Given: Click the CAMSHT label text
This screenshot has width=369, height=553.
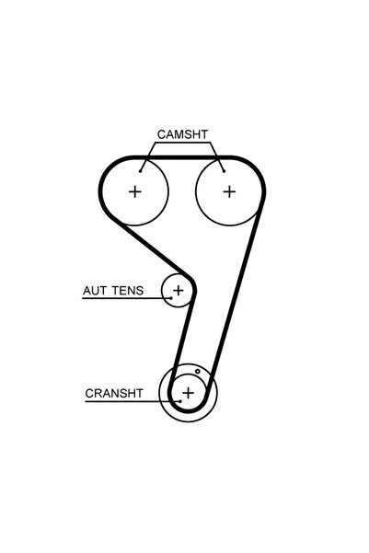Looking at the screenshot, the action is (182, 134).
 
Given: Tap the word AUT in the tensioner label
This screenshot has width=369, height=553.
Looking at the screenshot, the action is (94, 291).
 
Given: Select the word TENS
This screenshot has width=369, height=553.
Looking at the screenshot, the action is (128, 291).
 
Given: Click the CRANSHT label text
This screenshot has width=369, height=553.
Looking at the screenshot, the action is (114, 393).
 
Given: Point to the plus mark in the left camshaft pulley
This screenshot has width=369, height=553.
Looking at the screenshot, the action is (134, 192).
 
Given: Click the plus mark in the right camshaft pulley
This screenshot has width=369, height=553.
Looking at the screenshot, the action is (229, 192).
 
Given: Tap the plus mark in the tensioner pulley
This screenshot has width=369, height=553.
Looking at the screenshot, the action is (179, 291).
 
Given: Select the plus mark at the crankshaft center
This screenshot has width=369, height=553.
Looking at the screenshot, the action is (188, 393).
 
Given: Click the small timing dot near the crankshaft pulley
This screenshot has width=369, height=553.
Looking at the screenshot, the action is (198, 371).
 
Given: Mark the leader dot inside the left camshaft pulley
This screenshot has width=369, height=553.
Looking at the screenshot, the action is (140, 171).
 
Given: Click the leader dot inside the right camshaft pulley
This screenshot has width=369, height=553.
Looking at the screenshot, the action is (224, 171).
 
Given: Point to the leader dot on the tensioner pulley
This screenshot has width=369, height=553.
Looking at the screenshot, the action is (171, 298).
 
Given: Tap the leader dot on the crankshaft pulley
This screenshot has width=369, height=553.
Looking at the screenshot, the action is (180, 401).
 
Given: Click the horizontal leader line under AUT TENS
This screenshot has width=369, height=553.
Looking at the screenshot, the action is (127, 298).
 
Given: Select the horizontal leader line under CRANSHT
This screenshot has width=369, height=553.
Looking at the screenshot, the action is (133, 401).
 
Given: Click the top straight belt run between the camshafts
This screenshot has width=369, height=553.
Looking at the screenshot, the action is (182, 157).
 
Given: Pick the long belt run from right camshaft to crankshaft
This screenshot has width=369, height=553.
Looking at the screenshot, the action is (236, 297).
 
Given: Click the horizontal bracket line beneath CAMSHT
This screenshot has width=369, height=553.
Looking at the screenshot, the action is (182, 143).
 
